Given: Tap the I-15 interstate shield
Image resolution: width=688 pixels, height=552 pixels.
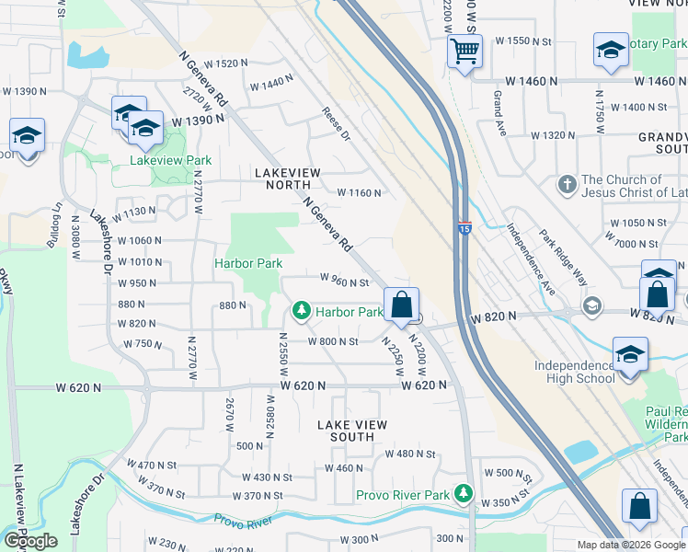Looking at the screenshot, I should pos(465,228).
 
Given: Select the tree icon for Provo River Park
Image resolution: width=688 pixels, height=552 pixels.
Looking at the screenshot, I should pos(464,496).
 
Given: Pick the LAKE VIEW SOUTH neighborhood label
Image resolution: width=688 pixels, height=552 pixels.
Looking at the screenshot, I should pos(352,431).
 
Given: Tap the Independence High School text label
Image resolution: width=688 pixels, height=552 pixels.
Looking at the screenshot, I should pos(575,372).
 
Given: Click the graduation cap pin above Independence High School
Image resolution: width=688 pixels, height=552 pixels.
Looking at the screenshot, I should pos(630,354).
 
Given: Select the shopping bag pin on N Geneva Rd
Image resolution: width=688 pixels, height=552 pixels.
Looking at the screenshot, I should pos(401,305).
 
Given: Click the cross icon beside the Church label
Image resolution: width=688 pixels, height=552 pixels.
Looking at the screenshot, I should pos(568,186).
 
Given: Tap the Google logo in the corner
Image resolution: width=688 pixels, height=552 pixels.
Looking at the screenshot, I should pos(30,541).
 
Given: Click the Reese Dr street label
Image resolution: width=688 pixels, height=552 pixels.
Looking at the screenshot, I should pos(336,124).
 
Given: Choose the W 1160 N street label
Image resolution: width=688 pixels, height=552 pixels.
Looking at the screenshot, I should pos(359,193).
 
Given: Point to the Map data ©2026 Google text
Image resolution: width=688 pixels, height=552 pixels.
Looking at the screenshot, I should pos(630,545).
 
